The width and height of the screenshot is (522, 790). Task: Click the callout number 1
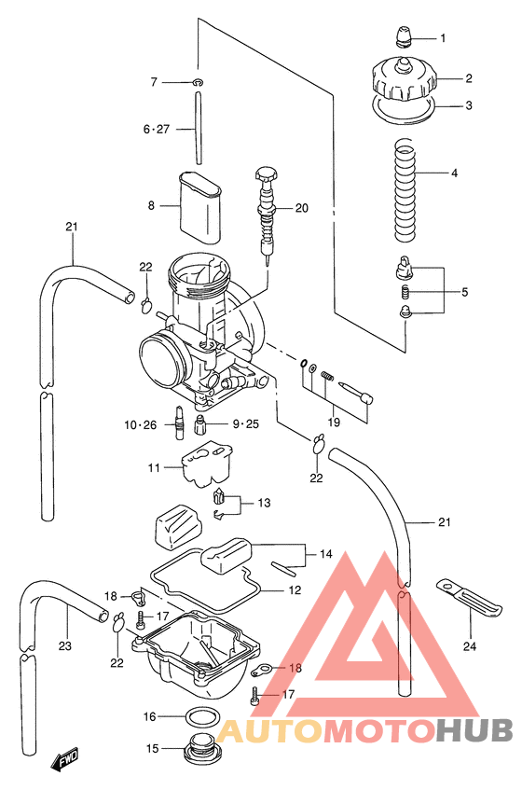point(443,39)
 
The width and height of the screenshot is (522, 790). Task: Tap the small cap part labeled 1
point(403,38)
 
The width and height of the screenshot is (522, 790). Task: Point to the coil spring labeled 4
point(404,187)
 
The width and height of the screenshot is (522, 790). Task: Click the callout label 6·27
point(156,130)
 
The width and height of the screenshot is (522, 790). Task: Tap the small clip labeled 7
point(199,83)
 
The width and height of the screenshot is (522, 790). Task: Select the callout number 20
point(300,208)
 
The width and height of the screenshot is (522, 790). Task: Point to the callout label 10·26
point(142,425)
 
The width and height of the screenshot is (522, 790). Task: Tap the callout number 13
point(264,503)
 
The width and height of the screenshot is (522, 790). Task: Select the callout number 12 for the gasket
point(294,590)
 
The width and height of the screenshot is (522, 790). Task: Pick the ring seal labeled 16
point(199,716)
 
